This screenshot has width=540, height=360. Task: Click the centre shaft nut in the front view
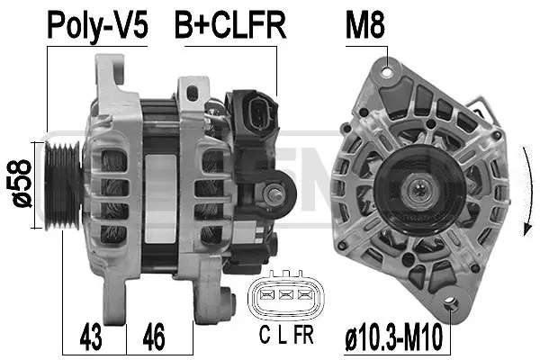click(418, 190)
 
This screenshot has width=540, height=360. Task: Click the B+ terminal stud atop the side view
click(191, 90)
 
